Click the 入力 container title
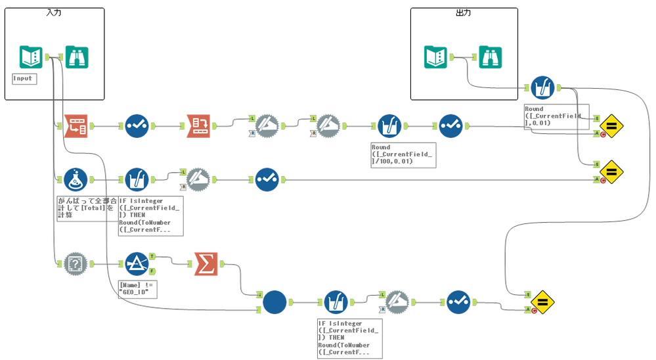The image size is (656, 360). tap(54, 13)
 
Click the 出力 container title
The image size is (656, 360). tap(464, 13)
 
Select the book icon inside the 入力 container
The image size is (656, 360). tap(31, 57)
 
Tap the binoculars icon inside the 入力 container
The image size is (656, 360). tap(77, 57)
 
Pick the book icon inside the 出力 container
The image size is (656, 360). tap(435, 58)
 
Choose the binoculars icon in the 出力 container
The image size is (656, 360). tap(491, 58)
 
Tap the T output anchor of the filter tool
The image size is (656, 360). tap(152, 256)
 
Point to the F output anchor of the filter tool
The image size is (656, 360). tap(152, 271)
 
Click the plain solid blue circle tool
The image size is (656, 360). tap(274, 302)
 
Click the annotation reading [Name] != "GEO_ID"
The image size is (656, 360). tap(138, 288)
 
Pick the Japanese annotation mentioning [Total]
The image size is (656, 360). tap(87, 208)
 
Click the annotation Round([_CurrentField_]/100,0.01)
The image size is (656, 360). tap(402, 154)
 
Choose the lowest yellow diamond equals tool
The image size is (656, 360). tap(543, 302)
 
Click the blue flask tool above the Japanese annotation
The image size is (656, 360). tap(76, 178)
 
